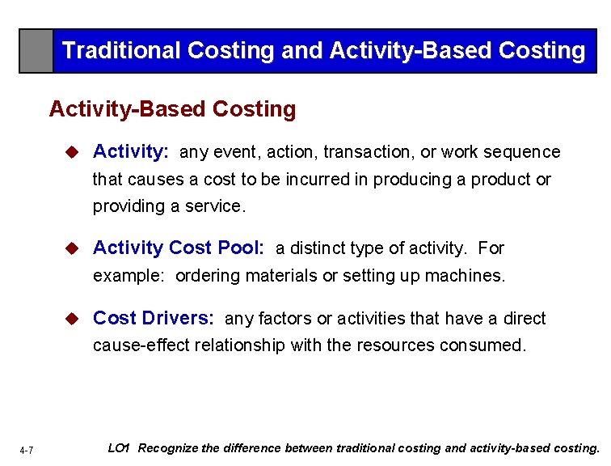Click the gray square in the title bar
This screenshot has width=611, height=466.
click(36, 51)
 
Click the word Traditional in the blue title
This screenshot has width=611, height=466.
click(121, 51)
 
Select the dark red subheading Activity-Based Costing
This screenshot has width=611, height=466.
click(172, 109)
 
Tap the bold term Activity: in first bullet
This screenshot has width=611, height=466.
click(131, 152)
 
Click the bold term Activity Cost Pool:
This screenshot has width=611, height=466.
click(179, 248)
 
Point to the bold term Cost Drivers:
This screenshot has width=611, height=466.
click(154, 319)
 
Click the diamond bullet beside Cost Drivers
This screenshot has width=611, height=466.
click(72, 319)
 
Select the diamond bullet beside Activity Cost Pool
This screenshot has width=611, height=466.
click(72, 248)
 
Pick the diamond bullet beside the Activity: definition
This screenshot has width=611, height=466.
click(72, 152)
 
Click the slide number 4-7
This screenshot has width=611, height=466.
click(27, 450)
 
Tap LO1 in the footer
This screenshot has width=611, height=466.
click(119, 448)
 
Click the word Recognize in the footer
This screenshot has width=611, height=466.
click(171, 448)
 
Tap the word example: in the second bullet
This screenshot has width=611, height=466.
click(129, 276)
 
